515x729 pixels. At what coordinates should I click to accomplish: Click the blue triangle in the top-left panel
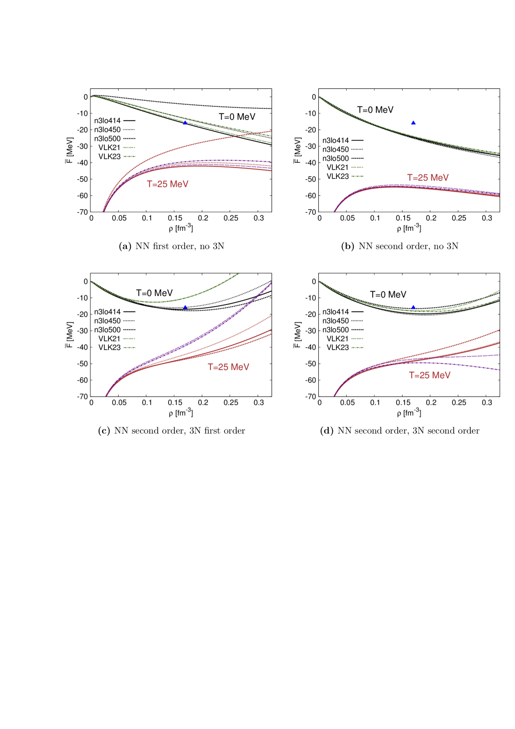(x=185, y=122)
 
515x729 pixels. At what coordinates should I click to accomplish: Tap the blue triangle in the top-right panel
(x=413, y=123)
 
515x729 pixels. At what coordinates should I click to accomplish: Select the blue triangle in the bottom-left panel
(x=185, y=307)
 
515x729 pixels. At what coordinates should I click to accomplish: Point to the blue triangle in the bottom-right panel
(x=413, y=307)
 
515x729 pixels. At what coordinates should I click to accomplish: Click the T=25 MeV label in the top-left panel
(x=167, y=184)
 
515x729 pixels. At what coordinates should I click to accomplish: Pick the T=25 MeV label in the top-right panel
(x=428, y=178)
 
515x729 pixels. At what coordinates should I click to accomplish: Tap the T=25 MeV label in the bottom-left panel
(x=228, y=367)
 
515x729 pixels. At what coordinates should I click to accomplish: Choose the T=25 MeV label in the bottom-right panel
(x=429, y=376)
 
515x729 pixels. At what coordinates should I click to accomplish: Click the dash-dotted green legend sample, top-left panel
(x=129, y=148)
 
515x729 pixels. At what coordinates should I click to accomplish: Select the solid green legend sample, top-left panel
(x=129, y=156)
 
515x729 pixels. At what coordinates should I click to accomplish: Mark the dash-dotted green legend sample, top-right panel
(x=357, y=167)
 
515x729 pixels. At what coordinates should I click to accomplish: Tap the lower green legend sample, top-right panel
(x=357, y=176)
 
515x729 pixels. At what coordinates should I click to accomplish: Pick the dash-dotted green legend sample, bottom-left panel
(x=129, y=339)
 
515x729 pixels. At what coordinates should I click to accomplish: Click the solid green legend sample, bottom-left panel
(x=129, y=348)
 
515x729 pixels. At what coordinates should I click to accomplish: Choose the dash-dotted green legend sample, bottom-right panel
(x=357, y=339)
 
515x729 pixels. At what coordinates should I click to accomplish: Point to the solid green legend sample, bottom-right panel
(x=357, y=348)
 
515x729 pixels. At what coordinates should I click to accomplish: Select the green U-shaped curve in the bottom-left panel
(x=154, y=302)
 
